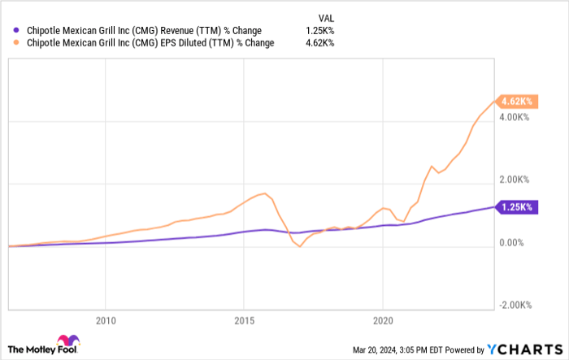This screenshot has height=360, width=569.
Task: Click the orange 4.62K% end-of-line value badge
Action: [x=515, y=102]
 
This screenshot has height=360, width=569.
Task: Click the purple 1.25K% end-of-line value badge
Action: [x=515, y=207]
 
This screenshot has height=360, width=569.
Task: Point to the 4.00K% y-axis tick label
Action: [x=516, y=118]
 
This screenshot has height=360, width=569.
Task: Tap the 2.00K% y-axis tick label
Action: [x=516, y=180]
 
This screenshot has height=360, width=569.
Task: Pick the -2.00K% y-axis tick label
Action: [x=515, y=304]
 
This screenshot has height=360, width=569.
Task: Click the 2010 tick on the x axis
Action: [x=106, y=319]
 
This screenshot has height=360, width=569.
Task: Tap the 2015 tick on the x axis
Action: [x=245, y=319]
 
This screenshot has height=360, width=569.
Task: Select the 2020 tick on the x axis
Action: [x=384, y=319]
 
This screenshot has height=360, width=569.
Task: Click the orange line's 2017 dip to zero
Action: [x=300, y=246]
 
